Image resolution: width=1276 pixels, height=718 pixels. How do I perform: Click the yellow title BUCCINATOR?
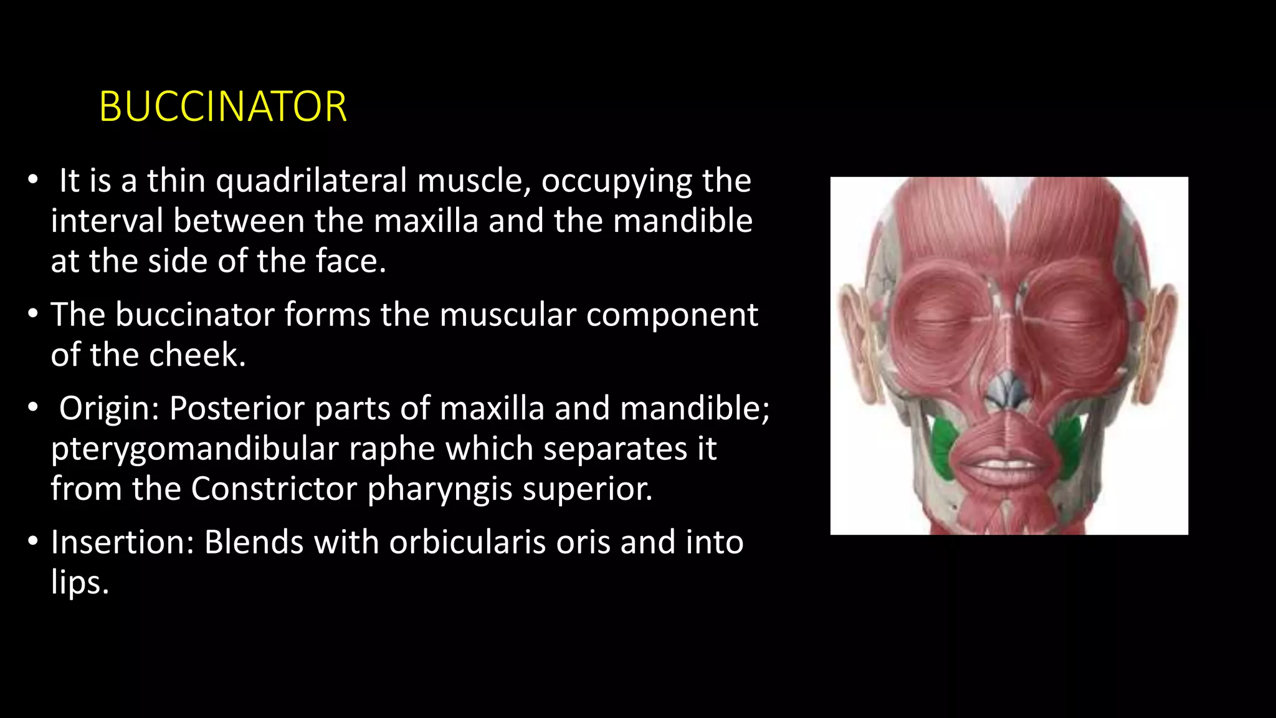click(222, 107)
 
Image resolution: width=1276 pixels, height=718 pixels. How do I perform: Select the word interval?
click(107, 221)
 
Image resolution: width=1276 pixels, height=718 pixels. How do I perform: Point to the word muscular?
click(507, 315)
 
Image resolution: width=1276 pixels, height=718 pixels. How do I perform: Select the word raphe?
click(391, 449)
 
